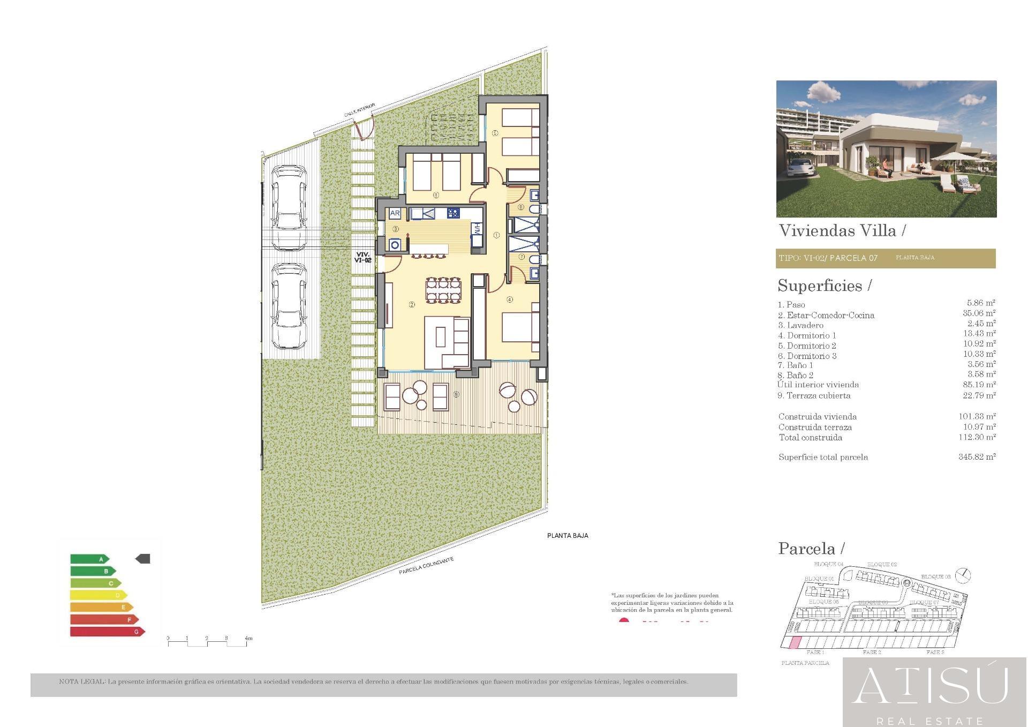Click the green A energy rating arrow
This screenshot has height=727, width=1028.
pyautogui.click(x=89, y=559)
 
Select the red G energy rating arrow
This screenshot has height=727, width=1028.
pyautogui.click(x=107, y=632)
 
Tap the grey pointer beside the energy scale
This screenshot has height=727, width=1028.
pyautogui.click(x=143, y=559)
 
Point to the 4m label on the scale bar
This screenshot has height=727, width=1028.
pyautogui.click(x=248, y=638)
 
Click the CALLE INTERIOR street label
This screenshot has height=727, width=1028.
pyautogui.click(x=359, y=110)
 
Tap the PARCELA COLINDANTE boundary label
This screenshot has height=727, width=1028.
pyautogui.click(x=426, y=566)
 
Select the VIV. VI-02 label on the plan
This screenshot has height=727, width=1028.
pyautogui.click(x=362, y=257)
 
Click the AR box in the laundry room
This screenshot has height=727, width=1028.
pyautogui.click(x=395, y=213)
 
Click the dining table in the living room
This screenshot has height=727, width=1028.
pyautogui.click(x=443, y=290)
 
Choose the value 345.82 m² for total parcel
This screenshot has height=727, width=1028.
pyautogui.click(x=977, y=457)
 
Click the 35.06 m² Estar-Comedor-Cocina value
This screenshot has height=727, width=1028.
pyautogui.click(x=979, y=313)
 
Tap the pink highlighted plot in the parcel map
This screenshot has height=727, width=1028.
pyautogui.click(x=796, y=642)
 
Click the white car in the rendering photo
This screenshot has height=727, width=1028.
pyautogui.click(x=802, y=167)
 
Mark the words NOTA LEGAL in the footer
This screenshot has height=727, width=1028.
pyautogui.click(x=82, y=682)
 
